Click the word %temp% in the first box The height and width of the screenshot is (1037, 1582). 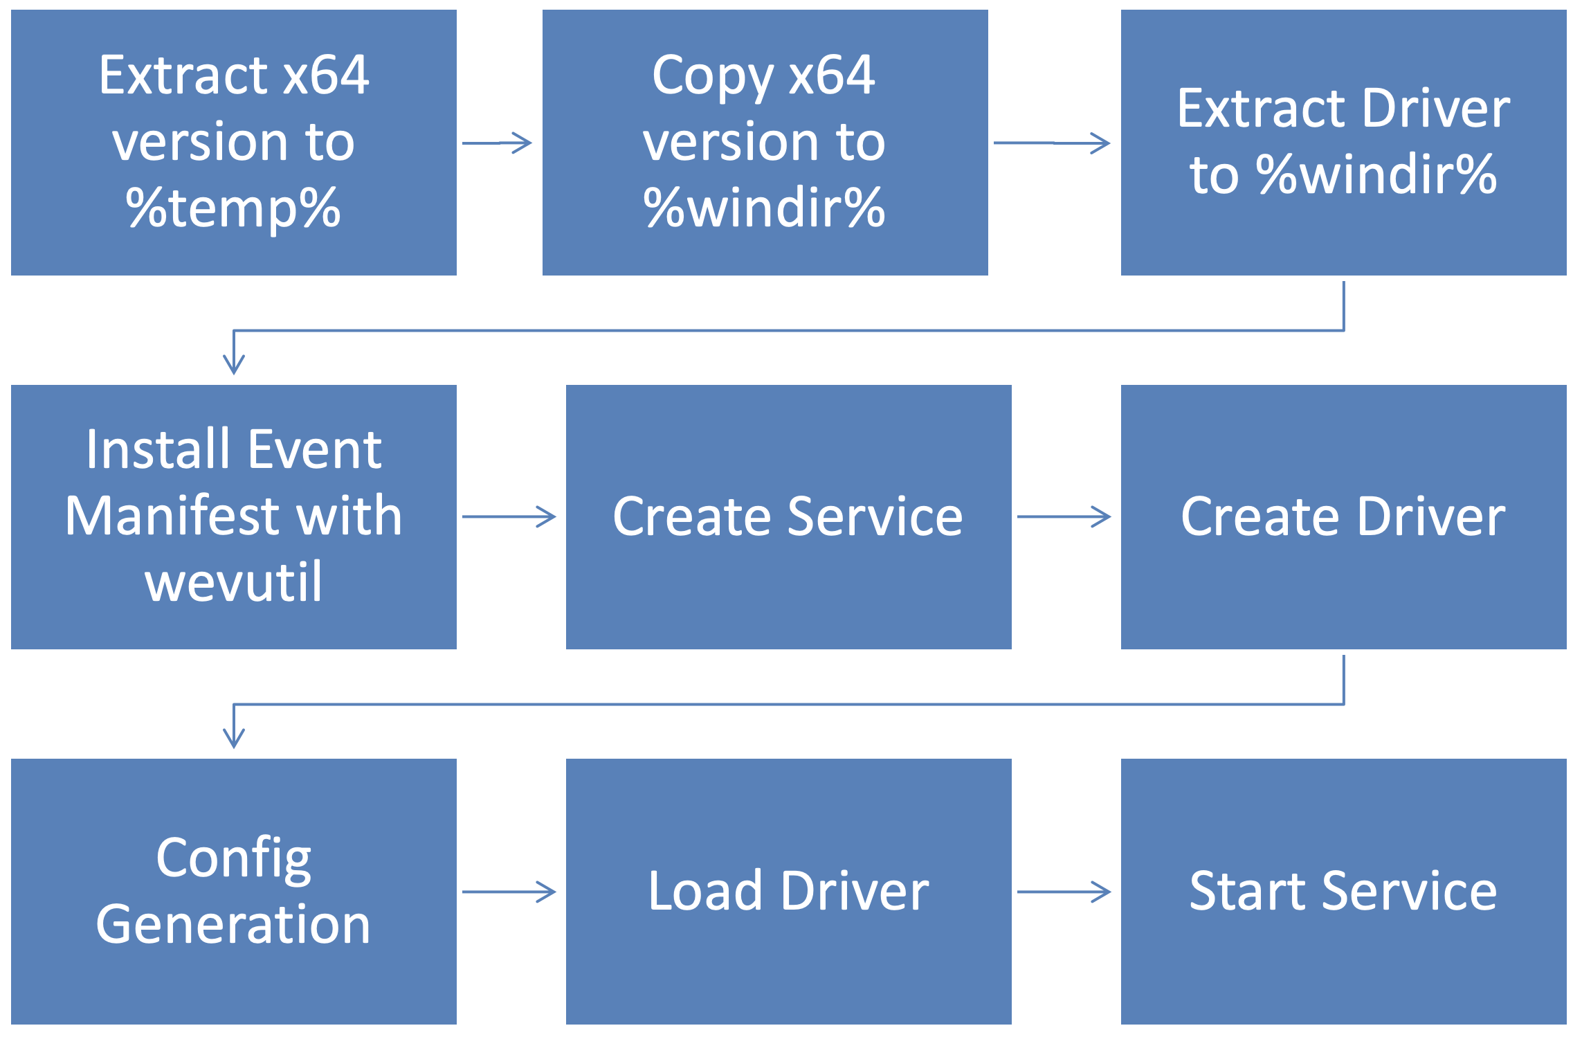click(233, 208)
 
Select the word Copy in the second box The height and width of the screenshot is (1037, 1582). click(712, 76)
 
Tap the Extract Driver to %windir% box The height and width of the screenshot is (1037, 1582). click(1343, 142)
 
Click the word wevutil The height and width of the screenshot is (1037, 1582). click(233, 581)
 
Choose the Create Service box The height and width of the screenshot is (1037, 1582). click(788, 516)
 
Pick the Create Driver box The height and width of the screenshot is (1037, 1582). click(1343, 516)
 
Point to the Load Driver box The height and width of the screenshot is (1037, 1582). click(788, 891)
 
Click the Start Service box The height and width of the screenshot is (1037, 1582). click(1343, 891)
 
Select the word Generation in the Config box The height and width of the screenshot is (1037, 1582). click(233, 924)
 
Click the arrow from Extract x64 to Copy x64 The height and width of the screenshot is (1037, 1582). click(497, 143)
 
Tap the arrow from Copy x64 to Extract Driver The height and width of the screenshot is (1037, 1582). click(1052, 143)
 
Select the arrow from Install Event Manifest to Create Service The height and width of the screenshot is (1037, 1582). click(509, 516)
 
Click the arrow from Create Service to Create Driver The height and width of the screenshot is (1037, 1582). click(1064, 516)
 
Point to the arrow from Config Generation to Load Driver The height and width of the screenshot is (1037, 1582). click(509, 892)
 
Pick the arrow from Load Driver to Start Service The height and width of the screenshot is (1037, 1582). click(1064, 892)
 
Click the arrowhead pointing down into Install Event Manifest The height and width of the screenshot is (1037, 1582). click(234, 363)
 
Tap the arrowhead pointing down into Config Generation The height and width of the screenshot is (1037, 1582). click(234, 737)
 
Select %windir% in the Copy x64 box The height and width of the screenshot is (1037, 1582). click(764, 208)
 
